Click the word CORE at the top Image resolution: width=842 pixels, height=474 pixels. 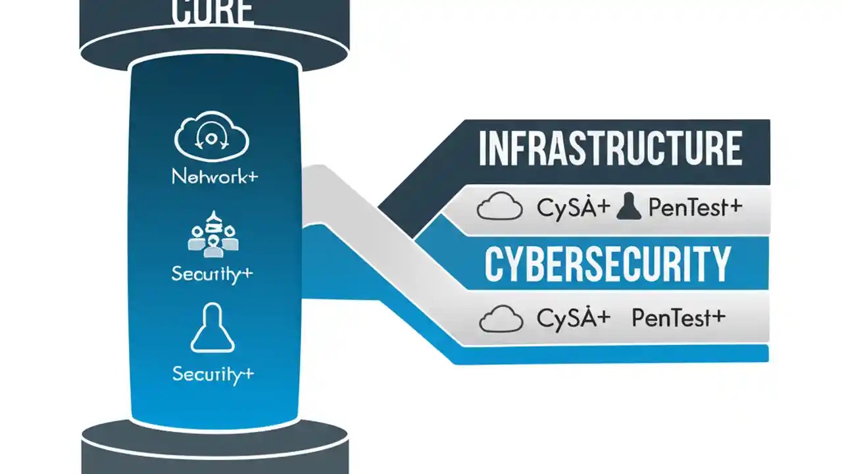213,12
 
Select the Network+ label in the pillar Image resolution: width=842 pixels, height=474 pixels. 214,176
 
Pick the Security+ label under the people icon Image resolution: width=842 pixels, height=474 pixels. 212,273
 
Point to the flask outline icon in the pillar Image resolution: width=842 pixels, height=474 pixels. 212,328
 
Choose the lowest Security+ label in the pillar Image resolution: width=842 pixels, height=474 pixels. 212,375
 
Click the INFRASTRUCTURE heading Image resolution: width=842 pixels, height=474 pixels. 610,149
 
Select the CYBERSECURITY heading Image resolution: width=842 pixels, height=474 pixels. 607,265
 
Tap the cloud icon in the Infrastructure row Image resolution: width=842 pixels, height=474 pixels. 499,207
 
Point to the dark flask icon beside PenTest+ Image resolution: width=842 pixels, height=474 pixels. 628,207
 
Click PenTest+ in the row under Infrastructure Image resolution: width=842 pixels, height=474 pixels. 695,208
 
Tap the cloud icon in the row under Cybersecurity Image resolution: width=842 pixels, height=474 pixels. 501,319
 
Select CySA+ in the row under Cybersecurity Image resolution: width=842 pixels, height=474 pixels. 574,319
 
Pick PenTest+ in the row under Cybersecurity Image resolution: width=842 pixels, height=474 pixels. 678,319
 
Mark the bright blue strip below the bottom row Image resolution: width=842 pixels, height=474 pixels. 612,354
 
